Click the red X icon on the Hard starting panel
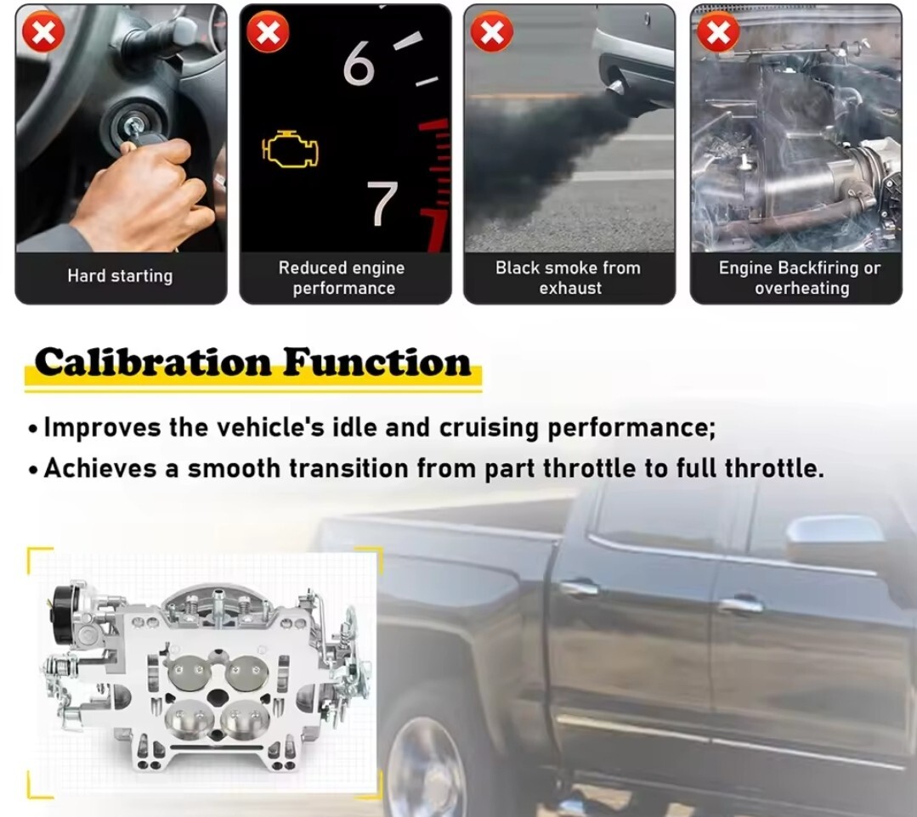tap(43, 31)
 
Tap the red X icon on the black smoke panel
tap(492, 31)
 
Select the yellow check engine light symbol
tap(290, 149)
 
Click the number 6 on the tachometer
tap(358, 63)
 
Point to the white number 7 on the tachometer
tap(382, 202)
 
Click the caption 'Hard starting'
tap(120, 276)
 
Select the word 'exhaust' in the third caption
tap(570, 288)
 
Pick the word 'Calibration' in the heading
tap(153, 363)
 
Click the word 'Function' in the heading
tap(377, 363)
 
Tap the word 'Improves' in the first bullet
tap(102, 428)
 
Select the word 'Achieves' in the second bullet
tap(100, 468)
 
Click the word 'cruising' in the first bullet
tap(489, 428)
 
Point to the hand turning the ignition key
tap(140, 193)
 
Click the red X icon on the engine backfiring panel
tap(718, 31)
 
